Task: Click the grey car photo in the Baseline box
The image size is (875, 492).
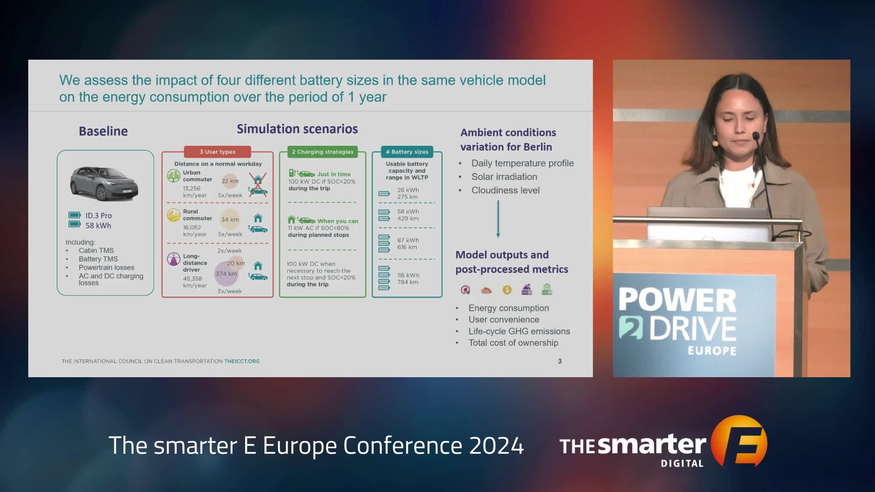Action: click(104, 184)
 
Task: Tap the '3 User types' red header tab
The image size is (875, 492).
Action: click(217, 152)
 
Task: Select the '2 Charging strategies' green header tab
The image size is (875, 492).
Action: click(323, 152)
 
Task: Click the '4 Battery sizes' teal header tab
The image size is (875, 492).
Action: click(407, 152)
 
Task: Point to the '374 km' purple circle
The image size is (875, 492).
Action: click(226, 274)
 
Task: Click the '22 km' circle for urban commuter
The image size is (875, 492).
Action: click(230, 181)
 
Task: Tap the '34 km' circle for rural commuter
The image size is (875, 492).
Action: click(230, 220)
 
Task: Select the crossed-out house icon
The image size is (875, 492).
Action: click(258, 179)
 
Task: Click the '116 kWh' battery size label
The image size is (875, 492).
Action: click(408, 275)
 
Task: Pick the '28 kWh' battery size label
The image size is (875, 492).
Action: click(408, 190)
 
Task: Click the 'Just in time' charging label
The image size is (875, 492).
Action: click(334, 174)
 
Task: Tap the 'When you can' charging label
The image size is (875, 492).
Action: click(338, 221)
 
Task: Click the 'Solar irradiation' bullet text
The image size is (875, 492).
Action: click(504, 177)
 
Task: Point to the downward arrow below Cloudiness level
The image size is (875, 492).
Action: click(498, 219)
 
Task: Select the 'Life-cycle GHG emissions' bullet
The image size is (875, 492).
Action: click(519, 331)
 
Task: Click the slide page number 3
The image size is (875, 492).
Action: click(560, 361)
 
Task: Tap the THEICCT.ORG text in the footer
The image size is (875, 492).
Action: click(242, 361)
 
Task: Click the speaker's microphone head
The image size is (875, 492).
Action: click(755, 136)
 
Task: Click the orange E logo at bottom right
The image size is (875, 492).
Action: click(739, 441)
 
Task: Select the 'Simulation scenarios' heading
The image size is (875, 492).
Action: click(297, 129)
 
